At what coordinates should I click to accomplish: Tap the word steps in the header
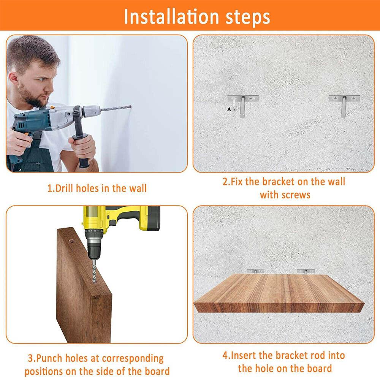(x=248, y=18)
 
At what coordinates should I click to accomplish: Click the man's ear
(x=13, y=78)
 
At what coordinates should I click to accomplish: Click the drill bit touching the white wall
(x=116, y=108)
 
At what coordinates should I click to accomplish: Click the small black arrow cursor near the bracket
(x=229, y=109)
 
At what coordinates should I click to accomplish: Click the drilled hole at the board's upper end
(x=71, y=241)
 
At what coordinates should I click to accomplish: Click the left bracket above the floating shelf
(x=255, y=271)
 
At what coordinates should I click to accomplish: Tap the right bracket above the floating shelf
(x=306, y=271)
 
